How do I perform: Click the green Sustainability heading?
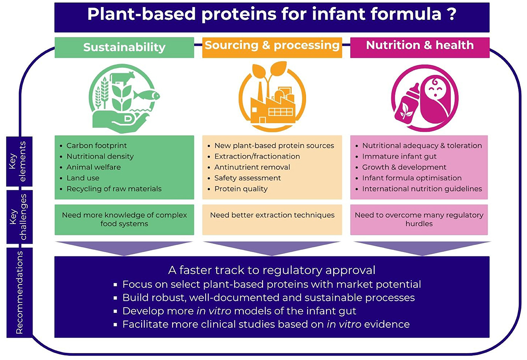coord(124,47)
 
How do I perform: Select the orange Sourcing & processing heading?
coord(272,45)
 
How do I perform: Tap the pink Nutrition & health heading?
coord(420,45)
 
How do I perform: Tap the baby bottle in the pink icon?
coord(406,104)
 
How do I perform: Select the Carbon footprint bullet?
coord(97,146)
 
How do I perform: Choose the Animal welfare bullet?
coord(93,167)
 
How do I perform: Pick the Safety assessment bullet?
coord(247,178)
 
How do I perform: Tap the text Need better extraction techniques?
coord(272,215)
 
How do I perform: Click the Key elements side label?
coord(19,161)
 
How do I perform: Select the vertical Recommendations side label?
coord(19,292)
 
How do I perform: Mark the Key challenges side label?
coord(19,217)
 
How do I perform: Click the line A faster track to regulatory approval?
coord(272,270)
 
